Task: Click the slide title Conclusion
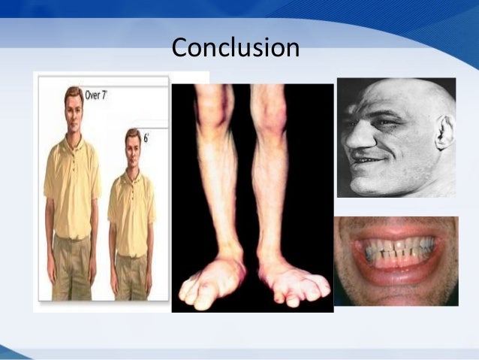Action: [235, 47]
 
